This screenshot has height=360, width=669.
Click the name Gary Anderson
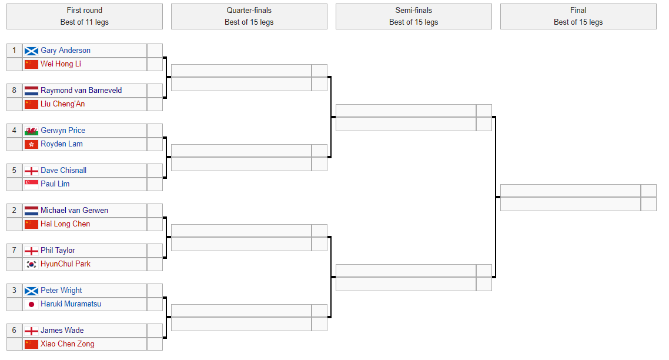pyautogui.click(x=65, y=51)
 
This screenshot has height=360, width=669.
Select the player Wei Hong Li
pyautogui.click(x=61, y=64)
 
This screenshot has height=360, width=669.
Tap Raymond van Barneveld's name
pyautogui.click(x=81, y=91)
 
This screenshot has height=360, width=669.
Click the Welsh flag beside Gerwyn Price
pyautogui.click(x=31, y=131)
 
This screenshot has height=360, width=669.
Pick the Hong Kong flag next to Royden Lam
pyautogui.click(x=31, y=144)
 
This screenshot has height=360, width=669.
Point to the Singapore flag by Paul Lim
pyautogui.click(x=31, y=184)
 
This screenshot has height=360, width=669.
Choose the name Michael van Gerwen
pyautogui.click(x=74, y=211)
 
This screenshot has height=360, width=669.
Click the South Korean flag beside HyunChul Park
pyautogui.click(x=31, y=264)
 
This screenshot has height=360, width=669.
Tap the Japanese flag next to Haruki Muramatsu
pyautogui.click(x=31, y=304)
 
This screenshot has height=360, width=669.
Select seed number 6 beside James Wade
pyautogui.click(x=14, y=331)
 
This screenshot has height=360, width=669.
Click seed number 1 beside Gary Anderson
pyautogui.click(x=14, y=51)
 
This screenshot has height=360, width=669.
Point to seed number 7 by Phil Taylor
pyautogui.click(x=14, y=250)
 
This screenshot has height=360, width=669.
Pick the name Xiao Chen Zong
pyautogui.click(x=68, y=344)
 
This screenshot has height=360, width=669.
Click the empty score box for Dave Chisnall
pyautogui.click(x=155, y=171)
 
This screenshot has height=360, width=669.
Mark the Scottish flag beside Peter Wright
pyautogui.click(x=31, y=291)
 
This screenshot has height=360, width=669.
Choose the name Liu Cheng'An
pyautogui.click(x=63, y=104)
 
